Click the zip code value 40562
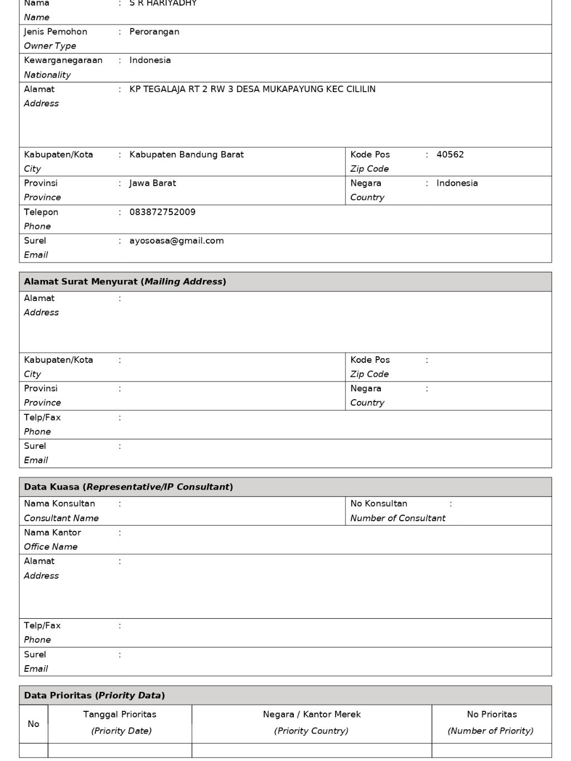(450, 154)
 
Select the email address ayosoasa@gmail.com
(176, 241)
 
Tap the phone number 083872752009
(162, 212)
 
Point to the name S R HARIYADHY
(163, 3)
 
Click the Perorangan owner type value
(154, 32)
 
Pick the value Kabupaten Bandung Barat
(186, 154)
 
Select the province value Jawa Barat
(153, 183)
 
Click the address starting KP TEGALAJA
(252, 89)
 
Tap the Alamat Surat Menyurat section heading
(125, 282)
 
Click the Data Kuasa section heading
(128, 487)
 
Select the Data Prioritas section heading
(94, 695)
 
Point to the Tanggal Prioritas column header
(120, 714)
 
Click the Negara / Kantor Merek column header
(312, 714)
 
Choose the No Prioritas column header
(492, 714)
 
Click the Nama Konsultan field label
(60, 503)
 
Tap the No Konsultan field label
(379, 503)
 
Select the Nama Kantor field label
(52, 532)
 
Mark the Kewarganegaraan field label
(63, 60)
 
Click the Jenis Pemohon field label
(55, 32)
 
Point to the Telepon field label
(41, 212)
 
